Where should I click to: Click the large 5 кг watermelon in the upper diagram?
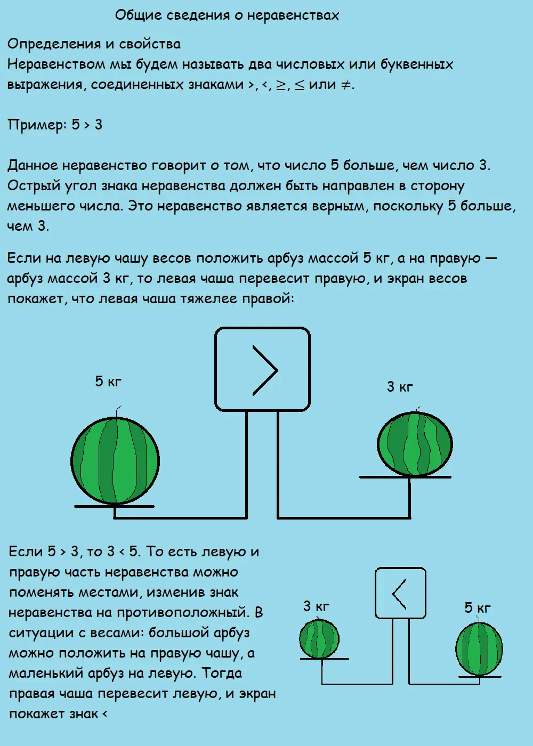pos(115,460)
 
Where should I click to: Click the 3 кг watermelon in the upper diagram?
pos(415,444)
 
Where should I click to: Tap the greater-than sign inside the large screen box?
pos(265,370)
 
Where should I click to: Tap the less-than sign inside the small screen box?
pos(399,593)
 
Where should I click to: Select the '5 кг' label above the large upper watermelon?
pos(108,382)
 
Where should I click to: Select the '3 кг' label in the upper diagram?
pos(400,387)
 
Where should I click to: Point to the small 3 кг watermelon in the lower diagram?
pos(319,639)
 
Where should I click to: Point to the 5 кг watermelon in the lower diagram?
pos(479,648)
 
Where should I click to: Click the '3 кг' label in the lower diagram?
pos(316,606)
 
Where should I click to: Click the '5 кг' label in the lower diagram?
pos(477,608)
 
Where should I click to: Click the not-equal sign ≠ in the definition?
pos(346,85)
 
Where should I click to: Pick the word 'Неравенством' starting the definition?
pos(56,64)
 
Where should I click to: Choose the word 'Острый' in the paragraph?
pos(34,186)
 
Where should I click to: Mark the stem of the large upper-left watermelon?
pos(117,413)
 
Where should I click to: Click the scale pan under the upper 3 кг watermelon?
pos(405,477)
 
